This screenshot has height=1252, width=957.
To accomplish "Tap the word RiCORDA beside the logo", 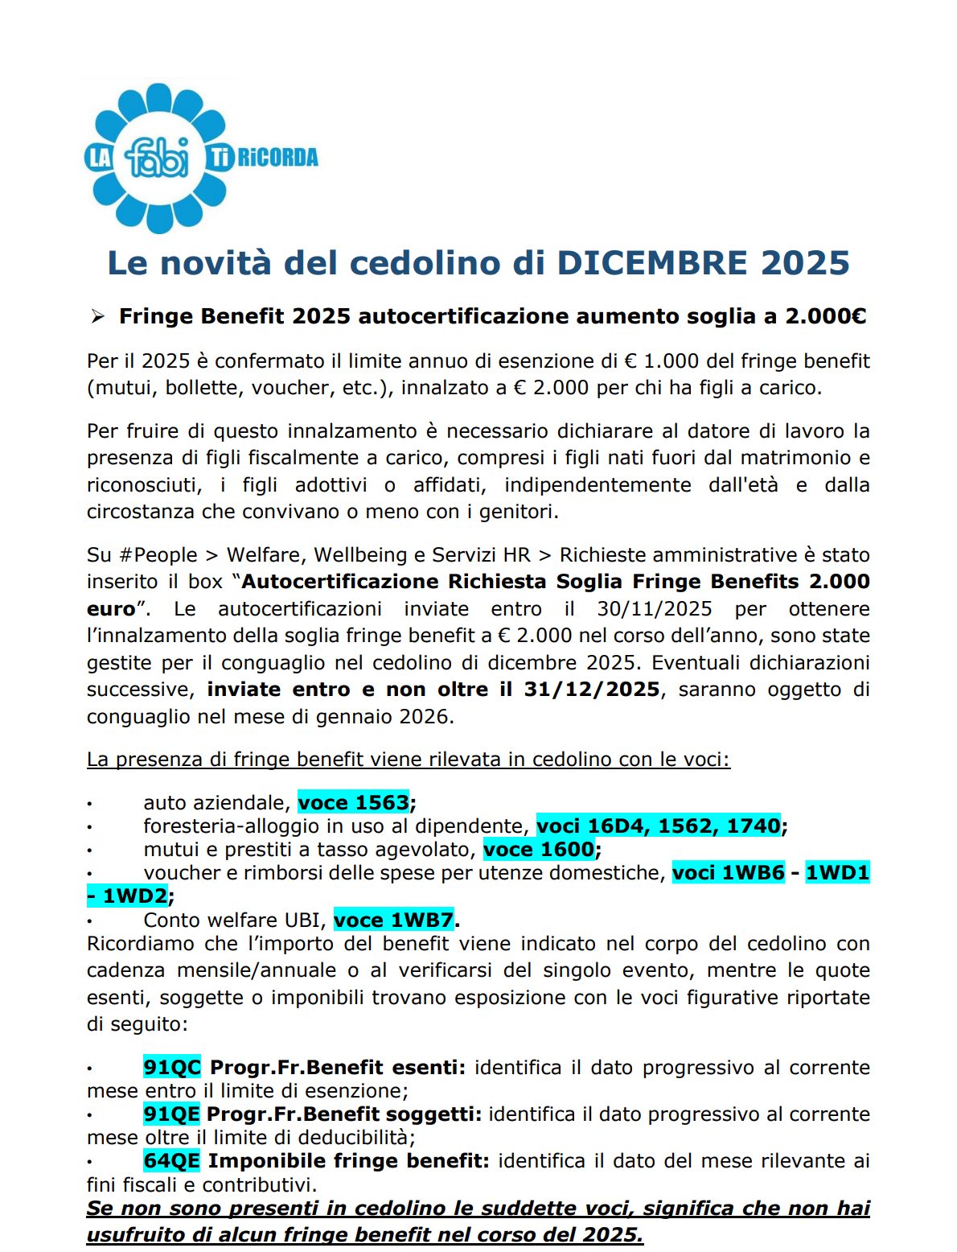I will tap(277, 157).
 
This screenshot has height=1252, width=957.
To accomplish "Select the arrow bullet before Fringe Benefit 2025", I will tap(98, 316).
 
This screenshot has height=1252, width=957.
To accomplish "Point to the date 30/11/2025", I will tap(654, 608).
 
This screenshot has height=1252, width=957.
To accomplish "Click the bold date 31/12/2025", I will tap(591, 690).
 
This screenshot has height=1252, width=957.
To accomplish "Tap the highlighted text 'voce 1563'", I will tap(354, 803).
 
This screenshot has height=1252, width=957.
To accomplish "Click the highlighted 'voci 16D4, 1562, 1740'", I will tap(659, 826).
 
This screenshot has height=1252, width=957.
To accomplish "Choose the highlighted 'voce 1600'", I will tap(539, 850).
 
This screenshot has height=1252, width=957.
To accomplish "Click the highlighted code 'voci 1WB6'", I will tap(728, 873).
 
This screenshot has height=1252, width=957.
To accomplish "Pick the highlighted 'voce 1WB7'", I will tap(394, 920).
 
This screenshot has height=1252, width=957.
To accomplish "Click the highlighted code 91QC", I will tap(172, 1068).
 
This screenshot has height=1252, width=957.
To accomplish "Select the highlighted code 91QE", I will tap(171, 1114).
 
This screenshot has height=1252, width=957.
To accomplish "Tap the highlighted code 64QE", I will tap(171, 1161).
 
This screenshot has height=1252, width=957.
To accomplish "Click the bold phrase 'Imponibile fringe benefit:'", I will tap(348, 1161).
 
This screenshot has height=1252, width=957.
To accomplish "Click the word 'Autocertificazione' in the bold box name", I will tap(340, 582).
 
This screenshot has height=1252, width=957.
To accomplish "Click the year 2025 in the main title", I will tap(805, 263).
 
